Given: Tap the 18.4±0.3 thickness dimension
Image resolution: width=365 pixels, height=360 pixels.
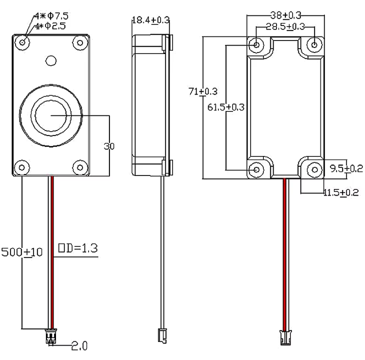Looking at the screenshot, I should click(x=150, y=20).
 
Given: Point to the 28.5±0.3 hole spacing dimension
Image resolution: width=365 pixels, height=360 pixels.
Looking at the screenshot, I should click(x=285, y=26).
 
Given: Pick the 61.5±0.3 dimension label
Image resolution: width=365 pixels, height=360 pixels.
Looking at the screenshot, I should click(x=225, y=106).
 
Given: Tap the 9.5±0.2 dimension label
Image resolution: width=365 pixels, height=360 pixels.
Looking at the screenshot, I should click(x=344, y=168).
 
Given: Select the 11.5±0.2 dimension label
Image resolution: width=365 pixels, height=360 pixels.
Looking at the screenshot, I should click(x=340, y=192).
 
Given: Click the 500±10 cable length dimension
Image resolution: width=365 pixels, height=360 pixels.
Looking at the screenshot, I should click(x=22, y=252).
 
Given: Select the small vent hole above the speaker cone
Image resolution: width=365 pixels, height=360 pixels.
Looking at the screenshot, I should click(x=51, y=60).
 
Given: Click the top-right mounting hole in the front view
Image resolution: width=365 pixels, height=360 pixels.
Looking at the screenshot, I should click(x=79, y=42).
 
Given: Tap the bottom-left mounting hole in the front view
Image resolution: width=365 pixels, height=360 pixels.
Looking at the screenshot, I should click(x=21, y=167).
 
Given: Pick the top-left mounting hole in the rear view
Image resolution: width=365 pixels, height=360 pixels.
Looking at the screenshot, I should click(x=257, y=45).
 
